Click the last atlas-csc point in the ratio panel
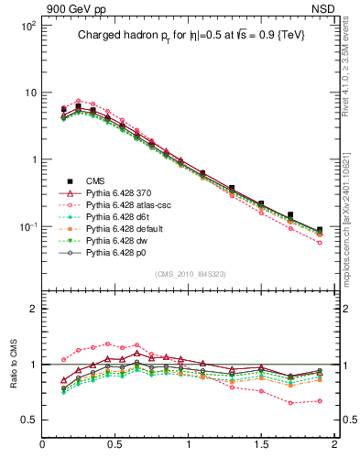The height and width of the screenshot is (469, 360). coord(320,400)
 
